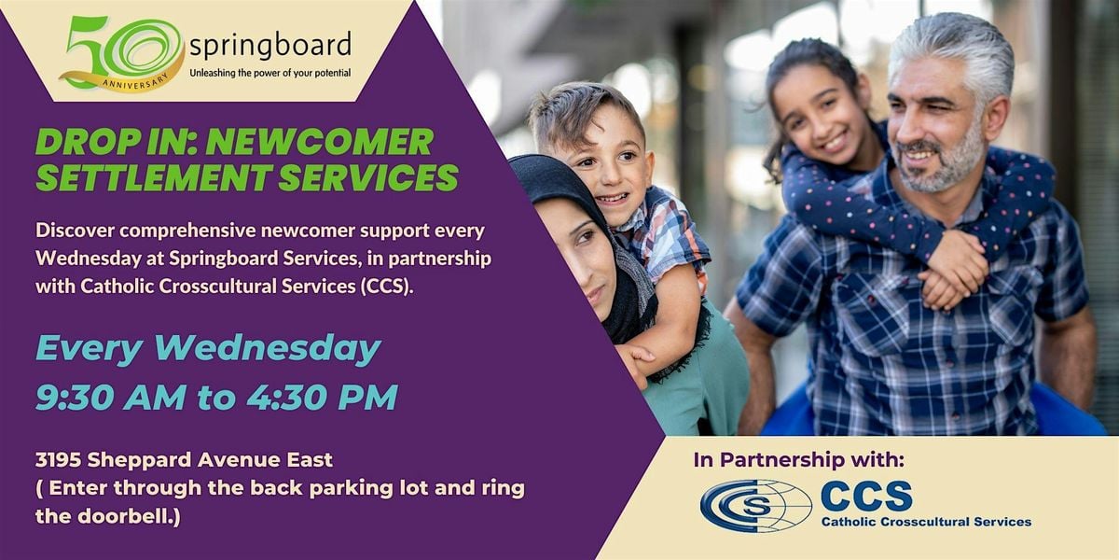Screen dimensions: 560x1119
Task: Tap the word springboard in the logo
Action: tap(269, 44)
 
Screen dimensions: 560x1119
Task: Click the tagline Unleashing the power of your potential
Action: tap(269, 71)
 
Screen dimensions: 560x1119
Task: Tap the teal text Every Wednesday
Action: tap(208, 348)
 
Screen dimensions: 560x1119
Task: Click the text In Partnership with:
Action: tap(798, 459)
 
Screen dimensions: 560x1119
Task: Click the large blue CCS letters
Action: tap(866, 495)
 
